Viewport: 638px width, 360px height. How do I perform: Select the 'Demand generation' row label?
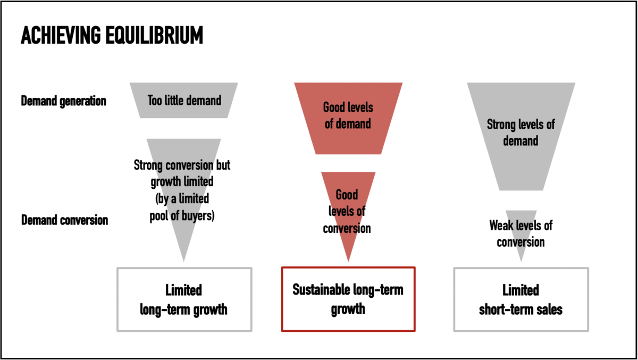tap(64, 101)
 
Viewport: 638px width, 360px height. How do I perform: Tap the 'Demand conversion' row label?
tap(64, 220)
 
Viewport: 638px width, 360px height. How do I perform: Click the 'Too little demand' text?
tap(184, 100)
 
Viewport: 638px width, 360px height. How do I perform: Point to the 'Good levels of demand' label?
tap(348, 116)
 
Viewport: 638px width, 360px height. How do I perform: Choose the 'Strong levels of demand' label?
tap(521, 133)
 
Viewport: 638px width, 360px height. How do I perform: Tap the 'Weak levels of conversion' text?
tap(521, 233)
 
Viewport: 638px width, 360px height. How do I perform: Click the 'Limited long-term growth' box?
tap(183, 299)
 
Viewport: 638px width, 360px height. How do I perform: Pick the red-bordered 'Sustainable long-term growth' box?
tap(348, 299)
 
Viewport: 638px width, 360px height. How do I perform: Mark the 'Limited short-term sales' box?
tap(521, 299)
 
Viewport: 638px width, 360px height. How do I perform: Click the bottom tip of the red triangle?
tap(348, 260)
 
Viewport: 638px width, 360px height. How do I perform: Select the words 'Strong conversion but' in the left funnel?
tap(182, 165)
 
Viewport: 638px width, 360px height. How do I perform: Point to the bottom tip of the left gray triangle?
tap(184, 259)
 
